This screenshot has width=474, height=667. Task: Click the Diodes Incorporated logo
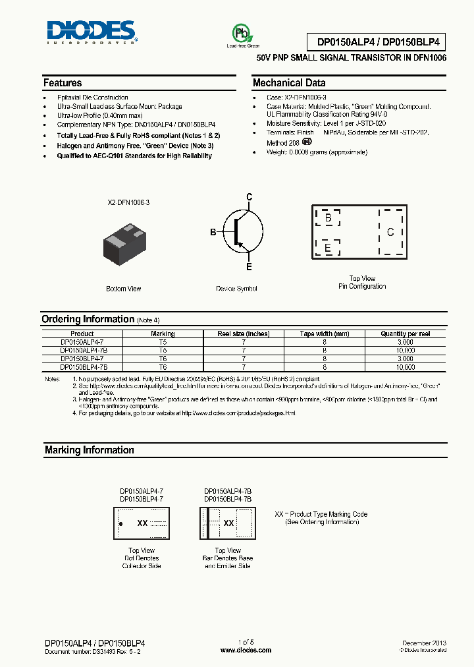point(91,32)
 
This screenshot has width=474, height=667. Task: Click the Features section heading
point(63,83)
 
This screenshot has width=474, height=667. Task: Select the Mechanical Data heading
point(289,83)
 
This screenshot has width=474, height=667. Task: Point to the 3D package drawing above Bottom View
point(124,244)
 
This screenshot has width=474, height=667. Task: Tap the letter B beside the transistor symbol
point(213,232)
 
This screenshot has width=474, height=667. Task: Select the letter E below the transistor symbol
point(249,267)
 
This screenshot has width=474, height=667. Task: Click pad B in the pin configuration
point(327,217)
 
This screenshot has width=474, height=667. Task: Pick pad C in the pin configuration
point(390,232)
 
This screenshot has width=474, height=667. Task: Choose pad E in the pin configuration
point(327,248)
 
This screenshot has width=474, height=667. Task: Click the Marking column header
point(163,334)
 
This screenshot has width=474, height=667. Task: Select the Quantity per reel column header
point(406,334)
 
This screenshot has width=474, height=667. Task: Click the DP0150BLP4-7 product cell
point(82,359)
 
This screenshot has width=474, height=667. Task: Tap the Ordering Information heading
point(88,319)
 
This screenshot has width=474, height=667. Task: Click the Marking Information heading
point(89,450)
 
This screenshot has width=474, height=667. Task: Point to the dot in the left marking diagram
point(120,523)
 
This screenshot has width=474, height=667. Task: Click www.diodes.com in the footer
point(246,650)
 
